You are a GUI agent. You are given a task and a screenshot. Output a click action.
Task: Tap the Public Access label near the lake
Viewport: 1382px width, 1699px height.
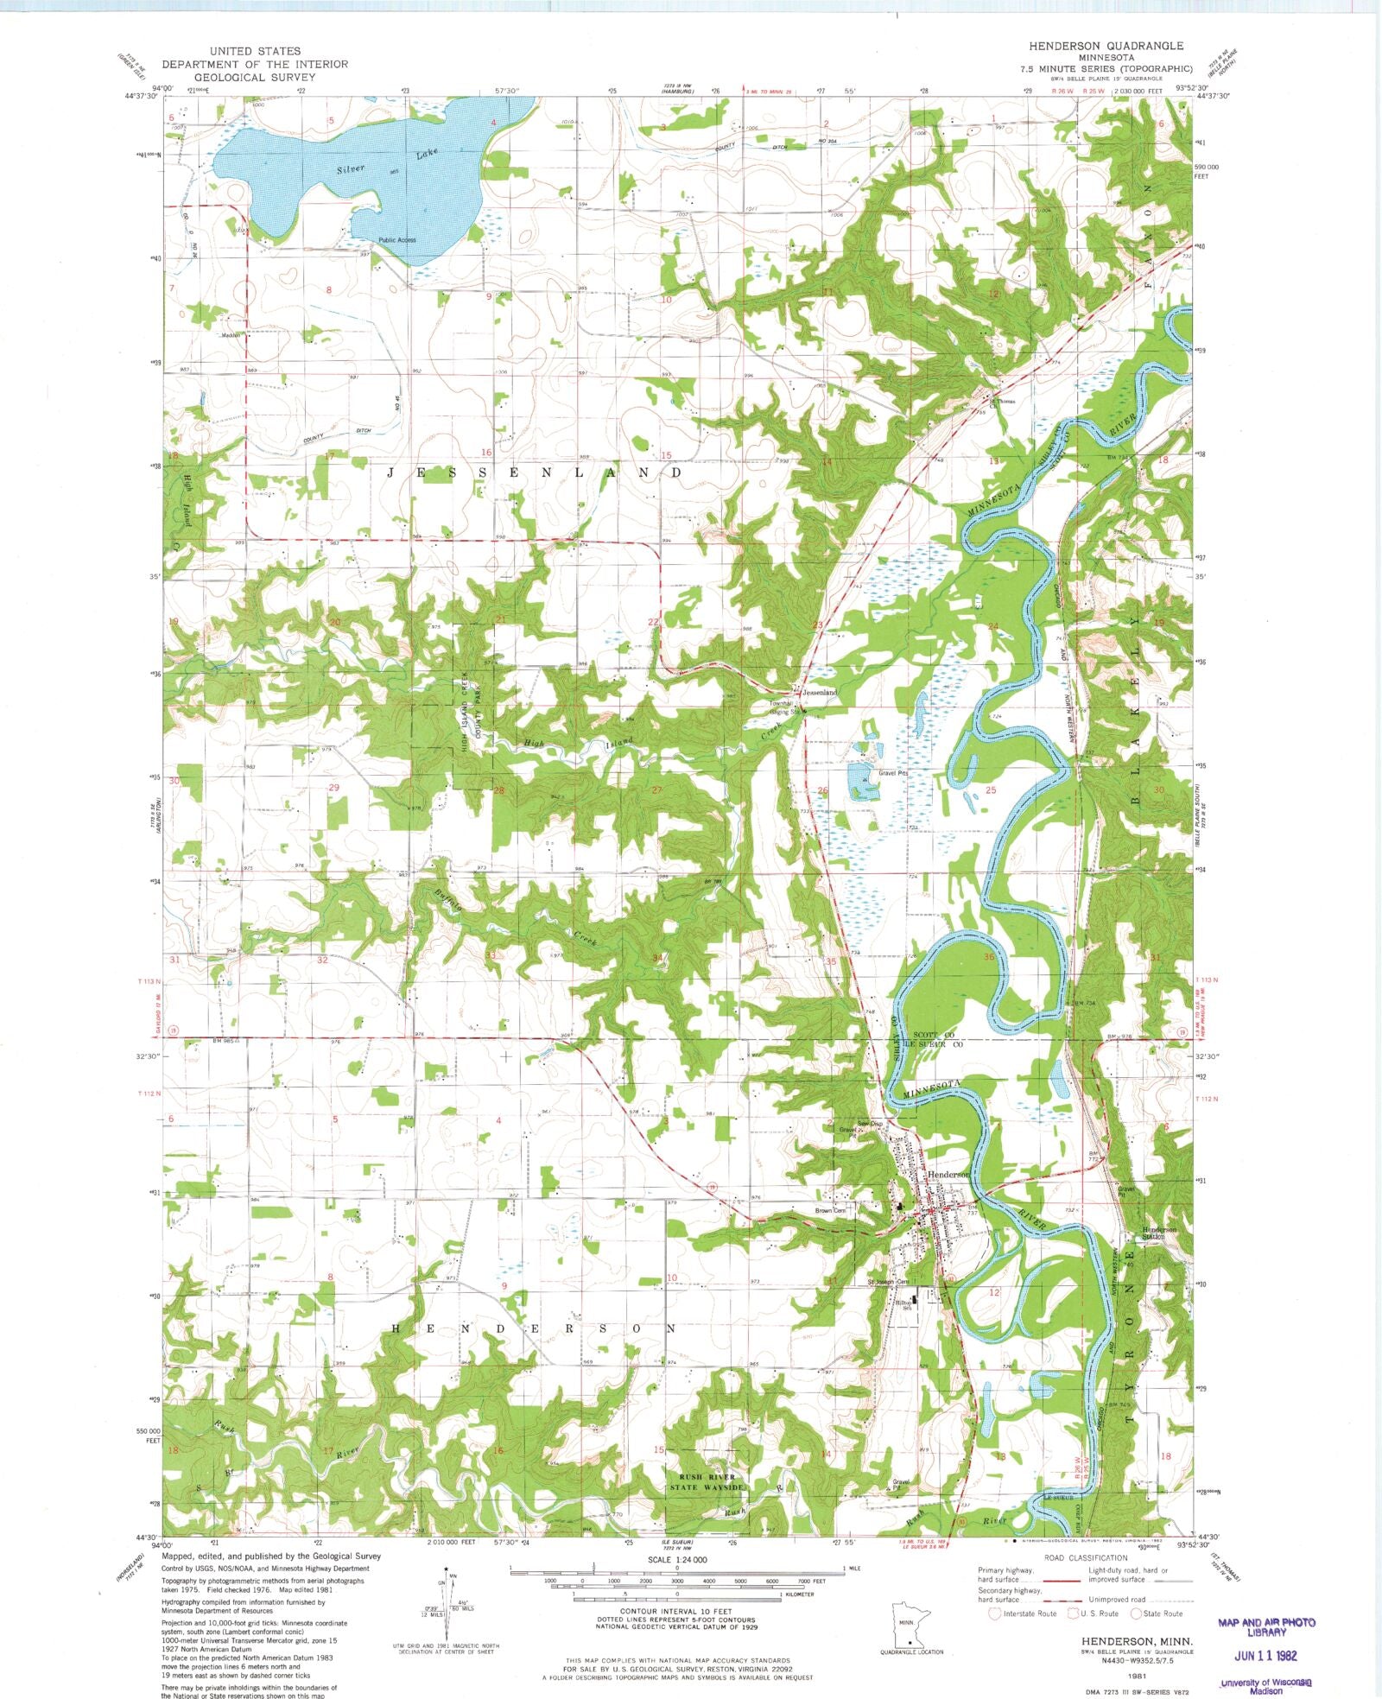point(396,240)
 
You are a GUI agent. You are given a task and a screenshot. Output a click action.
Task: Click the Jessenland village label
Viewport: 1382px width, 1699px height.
point(820,693)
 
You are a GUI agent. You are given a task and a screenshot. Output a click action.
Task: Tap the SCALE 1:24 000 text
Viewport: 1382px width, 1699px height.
point(678,1560)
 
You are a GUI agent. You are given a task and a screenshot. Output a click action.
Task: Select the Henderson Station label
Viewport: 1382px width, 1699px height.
point(1159,1233)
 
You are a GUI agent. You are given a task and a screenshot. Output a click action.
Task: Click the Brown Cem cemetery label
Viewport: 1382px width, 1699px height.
point(830,1211)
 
